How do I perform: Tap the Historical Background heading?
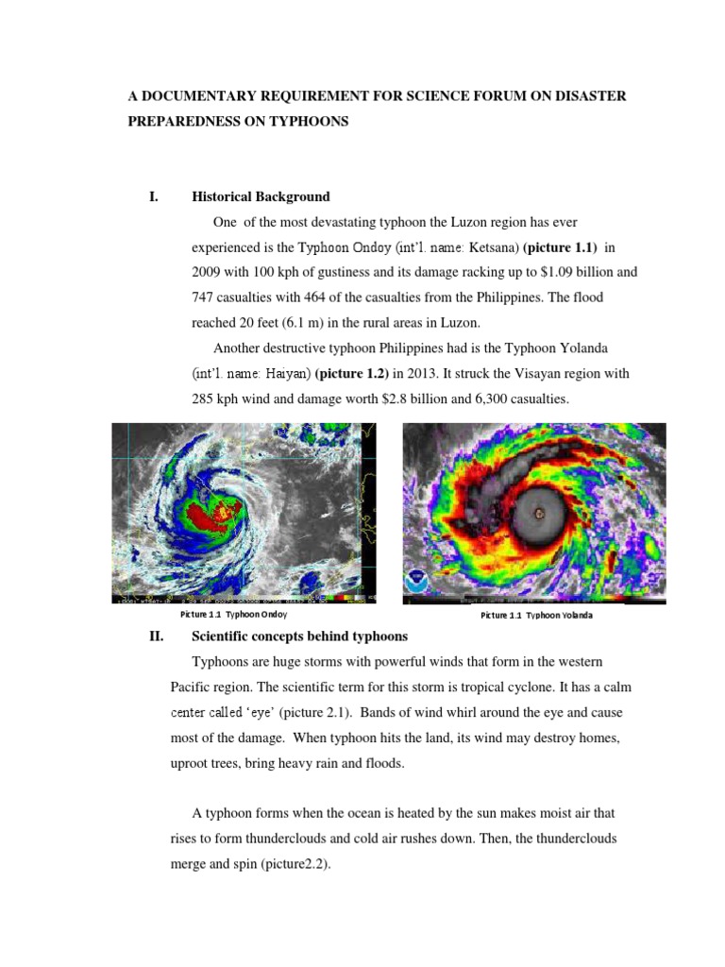pyautogui.click(x=261, y=197)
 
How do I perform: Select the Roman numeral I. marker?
pyautogui.click(x=154, y=197)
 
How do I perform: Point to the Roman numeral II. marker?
pyautogui.click(x=157, y=636)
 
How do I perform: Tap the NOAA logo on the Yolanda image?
pyautogui.click(x=416, y=580)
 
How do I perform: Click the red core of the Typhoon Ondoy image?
pyautogui.click(x=210, y=515)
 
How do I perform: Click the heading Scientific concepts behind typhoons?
pyautogui.click(x=299, y=636)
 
